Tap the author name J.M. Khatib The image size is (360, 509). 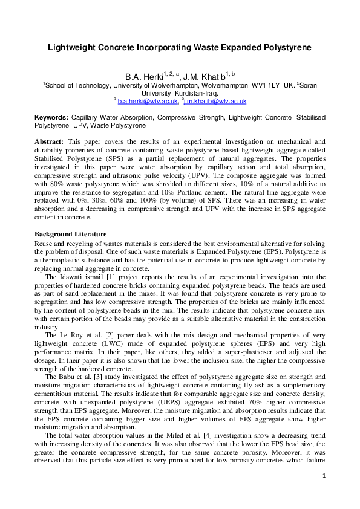click(x=203, y=77)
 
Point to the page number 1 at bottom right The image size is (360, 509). click(x=324, y=493)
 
